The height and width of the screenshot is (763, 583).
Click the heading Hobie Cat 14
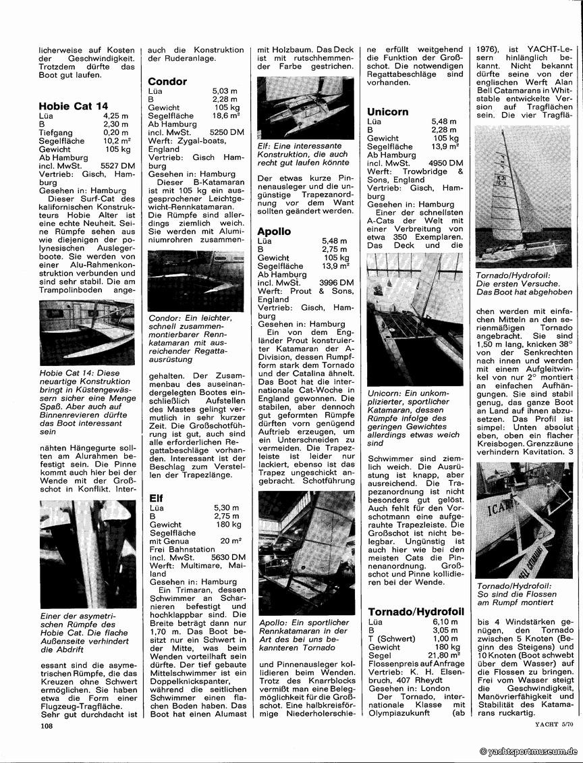74,106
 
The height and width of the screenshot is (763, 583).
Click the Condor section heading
167,82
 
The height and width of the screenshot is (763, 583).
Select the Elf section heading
156,498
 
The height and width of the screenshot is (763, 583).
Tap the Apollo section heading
274,232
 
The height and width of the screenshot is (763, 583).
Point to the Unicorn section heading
387,112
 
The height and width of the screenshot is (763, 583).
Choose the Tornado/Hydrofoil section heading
416,612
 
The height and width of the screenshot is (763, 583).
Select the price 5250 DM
227,132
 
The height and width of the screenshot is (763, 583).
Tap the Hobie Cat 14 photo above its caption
87,332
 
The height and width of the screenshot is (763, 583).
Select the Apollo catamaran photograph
306,553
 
